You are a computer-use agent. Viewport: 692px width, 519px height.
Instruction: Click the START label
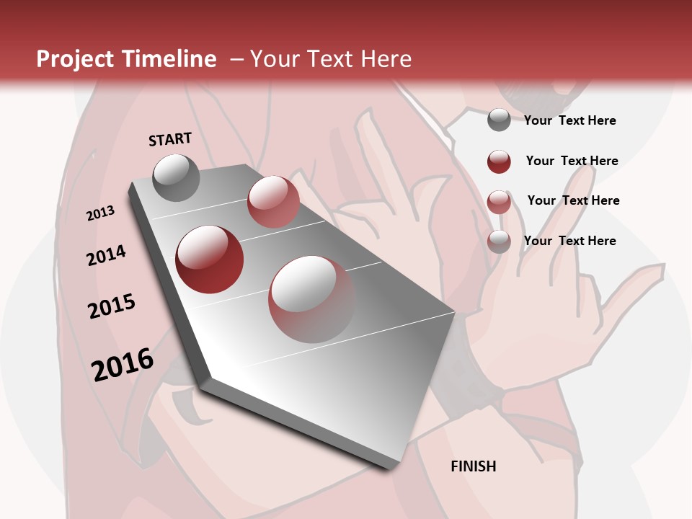click(170, 139)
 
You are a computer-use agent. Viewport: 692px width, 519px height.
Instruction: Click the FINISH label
click(474, 466)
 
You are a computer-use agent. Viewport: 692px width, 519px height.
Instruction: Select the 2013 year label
click(101, 213)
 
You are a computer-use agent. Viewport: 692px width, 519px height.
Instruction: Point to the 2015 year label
click(112, 307)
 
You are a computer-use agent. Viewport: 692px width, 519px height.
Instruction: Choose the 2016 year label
click(123, 364)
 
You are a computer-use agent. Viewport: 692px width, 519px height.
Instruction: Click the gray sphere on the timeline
click(177, 177)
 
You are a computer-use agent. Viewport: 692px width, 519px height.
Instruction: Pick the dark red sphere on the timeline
click(210, 259)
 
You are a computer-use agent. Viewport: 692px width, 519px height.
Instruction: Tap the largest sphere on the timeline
click(312, 298)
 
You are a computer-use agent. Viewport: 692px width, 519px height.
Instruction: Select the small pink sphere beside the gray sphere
click(273, 201)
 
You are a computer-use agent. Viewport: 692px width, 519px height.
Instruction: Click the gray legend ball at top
click(499, 120)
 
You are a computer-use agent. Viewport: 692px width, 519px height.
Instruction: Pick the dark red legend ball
click(499, 161)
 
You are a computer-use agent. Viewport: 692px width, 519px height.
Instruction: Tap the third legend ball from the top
click(499, 201)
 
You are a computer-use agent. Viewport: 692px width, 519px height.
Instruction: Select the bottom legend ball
click(499, 241)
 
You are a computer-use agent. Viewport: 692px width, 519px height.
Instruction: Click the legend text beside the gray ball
click(570, 121)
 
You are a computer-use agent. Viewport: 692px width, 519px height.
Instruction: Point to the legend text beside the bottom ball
click(570, 241)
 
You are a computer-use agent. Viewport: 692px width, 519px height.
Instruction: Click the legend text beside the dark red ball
click(572, 161)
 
